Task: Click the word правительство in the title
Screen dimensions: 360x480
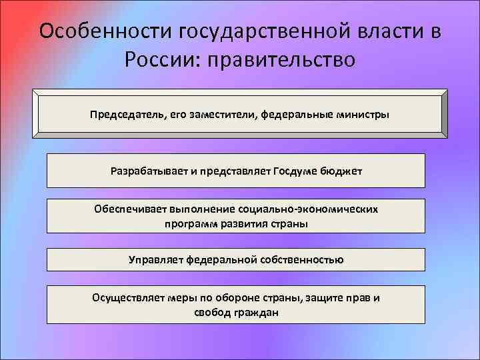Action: pyautogui.click(x=282, y=61)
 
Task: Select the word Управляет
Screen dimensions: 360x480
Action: pyautogui.click(x=155, y=259)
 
